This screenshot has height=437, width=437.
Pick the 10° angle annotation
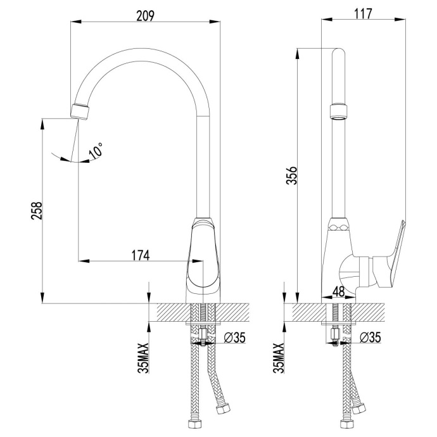96,151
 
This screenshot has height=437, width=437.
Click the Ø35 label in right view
370,338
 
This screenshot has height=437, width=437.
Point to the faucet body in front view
204,260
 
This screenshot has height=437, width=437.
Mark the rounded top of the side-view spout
339,53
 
